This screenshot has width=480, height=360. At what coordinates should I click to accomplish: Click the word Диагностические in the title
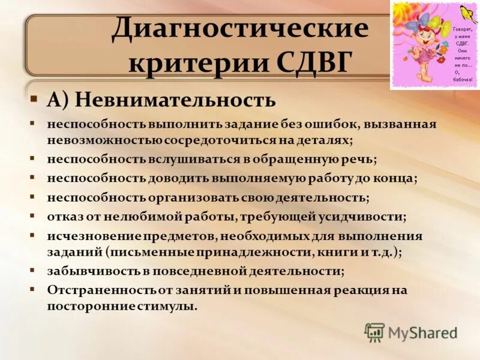tap(239, 29)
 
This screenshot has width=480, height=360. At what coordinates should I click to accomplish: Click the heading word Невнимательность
tap(175, 100)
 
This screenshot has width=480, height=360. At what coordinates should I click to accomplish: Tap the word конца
tap(398, 178)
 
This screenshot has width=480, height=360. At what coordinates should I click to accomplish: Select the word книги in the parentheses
tap(342, 252)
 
